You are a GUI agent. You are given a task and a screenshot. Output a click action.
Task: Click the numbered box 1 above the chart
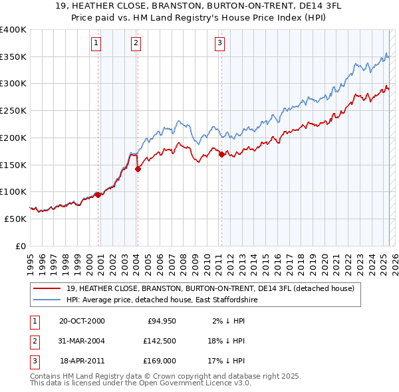point(96,44)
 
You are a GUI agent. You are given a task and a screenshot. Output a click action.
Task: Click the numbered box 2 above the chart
point(136,44)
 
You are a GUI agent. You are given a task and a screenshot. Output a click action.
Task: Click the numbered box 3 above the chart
point(219,44)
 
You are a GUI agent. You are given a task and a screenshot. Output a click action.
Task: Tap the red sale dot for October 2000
point(98,195)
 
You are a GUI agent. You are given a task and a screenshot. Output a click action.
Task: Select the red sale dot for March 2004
point(138,169)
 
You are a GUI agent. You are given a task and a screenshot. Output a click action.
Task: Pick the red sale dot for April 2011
point(221,155)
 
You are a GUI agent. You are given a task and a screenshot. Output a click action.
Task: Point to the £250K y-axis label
point(13,110)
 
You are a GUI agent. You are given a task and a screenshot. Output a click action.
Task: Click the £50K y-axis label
point(16,218)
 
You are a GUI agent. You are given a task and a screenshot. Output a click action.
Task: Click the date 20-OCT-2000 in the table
point(82,321)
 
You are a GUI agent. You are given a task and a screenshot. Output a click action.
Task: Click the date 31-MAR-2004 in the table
point(82,342)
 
